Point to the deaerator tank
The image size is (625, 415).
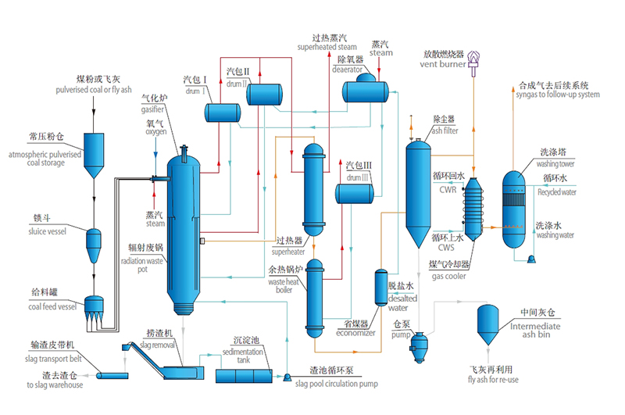[366, 91]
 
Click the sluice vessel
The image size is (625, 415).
[94, 241]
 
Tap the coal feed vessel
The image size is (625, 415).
[94, 309]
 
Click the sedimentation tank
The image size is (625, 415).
[244, 375]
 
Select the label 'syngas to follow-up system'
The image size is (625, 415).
[558, 95]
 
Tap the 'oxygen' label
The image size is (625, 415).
[155, 132]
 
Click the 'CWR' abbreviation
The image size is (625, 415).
[448, 189]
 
